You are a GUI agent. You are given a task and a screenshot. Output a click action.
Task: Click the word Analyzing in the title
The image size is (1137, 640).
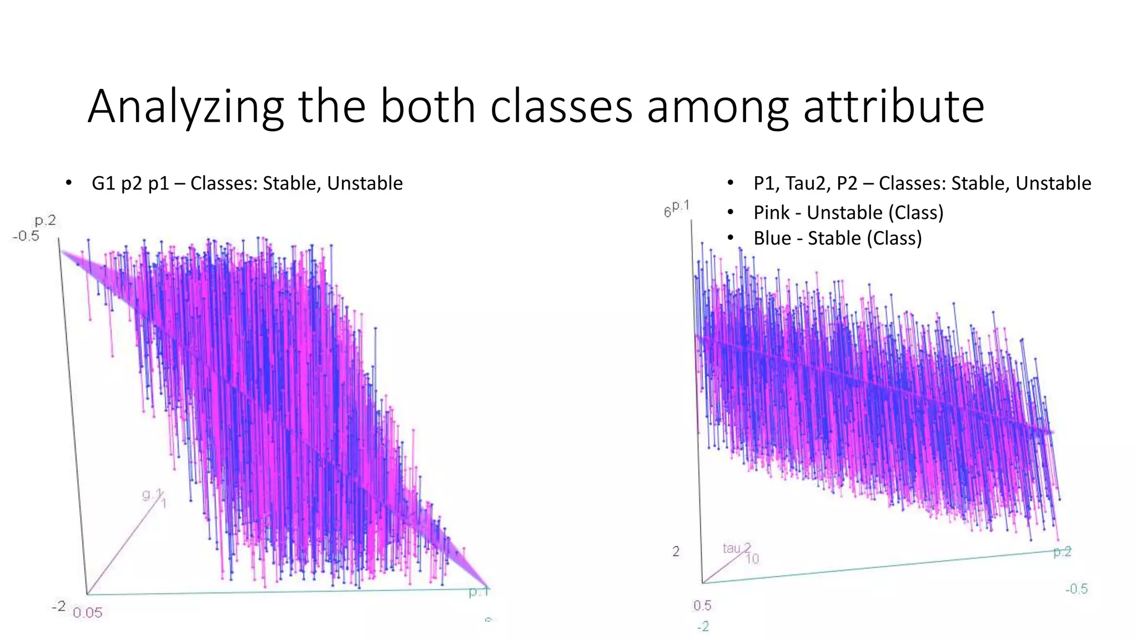coord(185,107)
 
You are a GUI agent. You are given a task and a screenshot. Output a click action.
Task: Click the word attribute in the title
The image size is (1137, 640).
coord(893,107)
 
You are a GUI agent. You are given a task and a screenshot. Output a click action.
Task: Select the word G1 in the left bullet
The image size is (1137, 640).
coord(103,183)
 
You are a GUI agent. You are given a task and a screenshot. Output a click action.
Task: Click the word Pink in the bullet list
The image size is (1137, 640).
coord(771,213)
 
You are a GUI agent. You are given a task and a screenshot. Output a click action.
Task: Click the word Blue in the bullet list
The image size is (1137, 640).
coord(772,238)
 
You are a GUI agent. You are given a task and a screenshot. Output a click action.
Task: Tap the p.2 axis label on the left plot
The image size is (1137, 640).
coord(46,221)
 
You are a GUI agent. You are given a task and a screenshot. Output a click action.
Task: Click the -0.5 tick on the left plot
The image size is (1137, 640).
coord(26,236)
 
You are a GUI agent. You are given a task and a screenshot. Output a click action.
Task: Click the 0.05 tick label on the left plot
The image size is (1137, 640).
coord(88,613)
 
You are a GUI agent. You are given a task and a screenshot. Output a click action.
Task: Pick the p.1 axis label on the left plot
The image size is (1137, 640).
coord(479,592)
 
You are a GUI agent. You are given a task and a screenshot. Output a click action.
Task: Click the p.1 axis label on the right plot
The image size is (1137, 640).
coord(681,206)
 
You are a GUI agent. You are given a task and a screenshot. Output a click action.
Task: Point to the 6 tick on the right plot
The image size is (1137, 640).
coord(667,212)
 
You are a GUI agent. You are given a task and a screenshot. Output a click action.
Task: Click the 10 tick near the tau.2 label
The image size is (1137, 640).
coord(752,559)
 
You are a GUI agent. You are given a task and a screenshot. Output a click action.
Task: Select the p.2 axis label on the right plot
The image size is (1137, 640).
coord(1062,552)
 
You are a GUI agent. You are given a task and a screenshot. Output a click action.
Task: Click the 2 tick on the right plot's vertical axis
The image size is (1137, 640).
coord(676,552)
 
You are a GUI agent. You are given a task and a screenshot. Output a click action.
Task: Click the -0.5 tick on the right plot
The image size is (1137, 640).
coord(1076,589)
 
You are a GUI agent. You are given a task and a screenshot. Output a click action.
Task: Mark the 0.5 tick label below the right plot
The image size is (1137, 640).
coord(702,606)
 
